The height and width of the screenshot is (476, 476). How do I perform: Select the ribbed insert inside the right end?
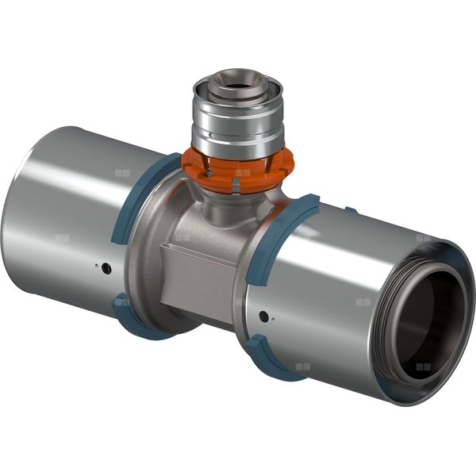444,274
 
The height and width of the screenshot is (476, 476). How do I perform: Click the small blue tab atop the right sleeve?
349,210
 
